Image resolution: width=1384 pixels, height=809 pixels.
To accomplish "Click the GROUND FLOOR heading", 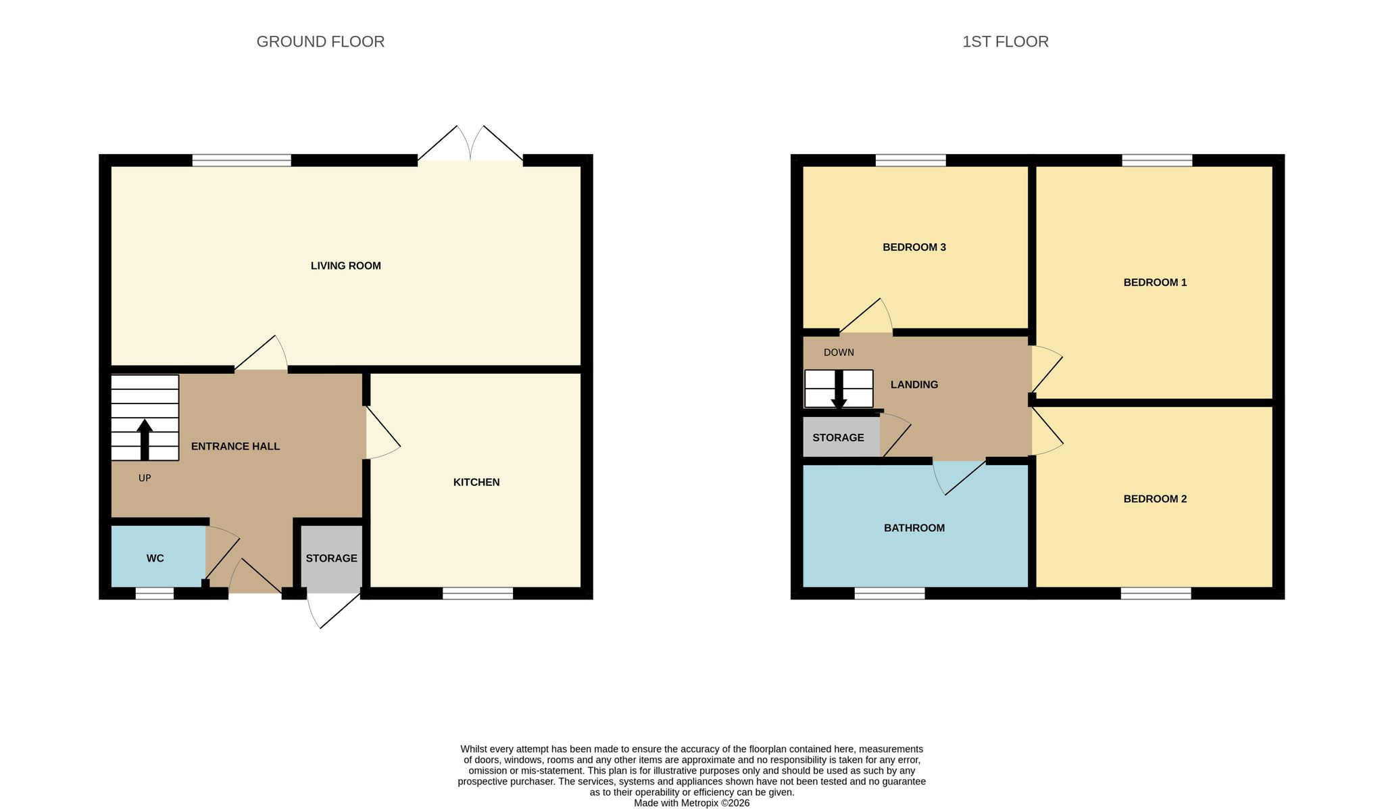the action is pos(320,42).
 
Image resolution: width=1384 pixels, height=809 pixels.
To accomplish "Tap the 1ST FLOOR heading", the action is pos(1006,42).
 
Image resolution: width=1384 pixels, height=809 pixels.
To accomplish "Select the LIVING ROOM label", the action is pos(346,266).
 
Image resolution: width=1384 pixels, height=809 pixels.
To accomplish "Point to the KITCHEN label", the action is pos(476,482).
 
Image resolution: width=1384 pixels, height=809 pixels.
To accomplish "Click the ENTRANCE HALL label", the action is pos(235,446).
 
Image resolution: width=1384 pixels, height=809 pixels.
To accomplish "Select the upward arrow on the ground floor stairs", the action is pos(145,440).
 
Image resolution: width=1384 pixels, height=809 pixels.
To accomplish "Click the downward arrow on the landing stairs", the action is pos(839,390).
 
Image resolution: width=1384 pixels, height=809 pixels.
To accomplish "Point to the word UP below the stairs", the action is pos(145,478).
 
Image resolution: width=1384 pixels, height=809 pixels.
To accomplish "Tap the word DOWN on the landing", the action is pos(839,352).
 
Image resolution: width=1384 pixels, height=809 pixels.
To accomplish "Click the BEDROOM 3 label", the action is pos(914,247).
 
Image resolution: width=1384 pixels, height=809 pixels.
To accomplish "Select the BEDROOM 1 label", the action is pos(1155,283).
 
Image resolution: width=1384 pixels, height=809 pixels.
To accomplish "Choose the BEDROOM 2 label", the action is pos(1155,499).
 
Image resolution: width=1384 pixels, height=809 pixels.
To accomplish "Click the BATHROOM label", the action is pos(914,528).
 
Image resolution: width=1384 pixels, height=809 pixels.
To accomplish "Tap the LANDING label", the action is pos(914,385).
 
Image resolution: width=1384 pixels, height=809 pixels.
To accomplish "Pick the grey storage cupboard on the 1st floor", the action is pos(841,437).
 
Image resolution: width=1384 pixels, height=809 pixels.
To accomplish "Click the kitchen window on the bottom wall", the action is pos(478,593).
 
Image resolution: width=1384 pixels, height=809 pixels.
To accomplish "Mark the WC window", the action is pos(155,593).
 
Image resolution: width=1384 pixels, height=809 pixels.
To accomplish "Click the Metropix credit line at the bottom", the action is pos(691,804).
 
